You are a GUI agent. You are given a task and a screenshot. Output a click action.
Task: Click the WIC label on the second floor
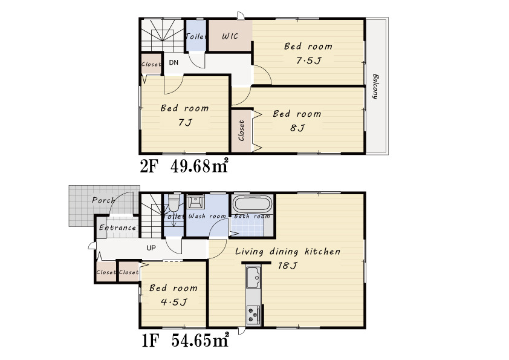click(x=230, y=36)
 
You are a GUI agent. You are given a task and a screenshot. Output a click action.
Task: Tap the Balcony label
click(x=375, y=87)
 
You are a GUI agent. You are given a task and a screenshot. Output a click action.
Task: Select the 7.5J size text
click(x=308, y=61)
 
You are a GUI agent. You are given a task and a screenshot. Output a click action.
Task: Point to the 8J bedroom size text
click(x=297, y=128)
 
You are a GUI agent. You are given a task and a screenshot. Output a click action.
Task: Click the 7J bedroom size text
click(x=185, y=122)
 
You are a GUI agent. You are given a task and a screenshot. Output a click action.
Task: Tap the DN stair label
click(x=173, y=62)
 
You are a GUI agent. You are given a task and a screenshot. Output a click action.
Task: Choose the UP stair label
click(x=151, y=248)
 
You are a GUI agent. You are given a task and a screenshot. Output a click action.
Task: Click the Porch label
click(x=103, y=200)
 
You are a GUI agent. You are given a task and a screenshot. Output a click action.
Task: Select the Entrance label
click(x=117, y=227)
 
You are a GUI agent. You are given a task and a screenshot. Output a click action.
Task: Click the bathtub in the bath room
click(x=252, y=205)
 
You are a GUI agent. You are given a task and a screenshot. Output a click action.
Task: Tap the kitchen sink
click(x=253, y=277)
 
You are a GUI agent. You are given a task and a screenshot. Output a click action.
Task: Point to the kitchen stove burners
click(x=253, y=315)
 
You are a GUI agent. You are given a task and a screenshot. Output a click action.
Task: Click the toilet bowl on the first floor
click(x=174, y=204)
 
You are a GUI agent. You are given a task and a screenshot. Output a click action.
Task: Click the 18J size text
click(x=287, y=266)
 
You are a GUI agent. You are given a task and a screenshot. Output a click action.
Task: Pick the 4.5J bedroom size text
click(x=173, y=302)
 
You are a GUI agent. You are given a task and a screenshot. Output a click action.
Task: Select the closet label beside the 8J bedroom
click(x=241, y=131)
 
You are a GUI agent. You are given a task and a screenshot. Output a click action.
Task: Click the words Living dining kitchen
click(x=288, y=252)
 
